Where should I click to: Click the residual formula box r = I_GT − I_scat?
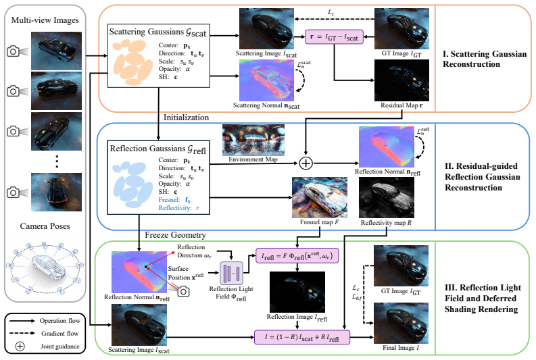click(334, 36)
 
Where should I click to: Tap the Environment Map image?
click(253, 140)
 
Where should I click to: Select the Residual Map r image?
click(401, 80)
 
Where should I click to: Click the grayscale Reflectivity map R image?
click(386, 197)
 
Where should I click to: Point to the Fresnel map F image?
click(319, 197)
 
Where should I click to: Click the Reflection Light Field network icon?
click(231, 274)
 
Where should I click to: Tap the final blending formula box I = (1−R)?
click(302, 337)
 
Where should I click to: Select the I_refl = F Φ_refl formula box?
click(297, 255)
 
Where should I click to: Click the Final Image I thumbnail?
click(401, 323)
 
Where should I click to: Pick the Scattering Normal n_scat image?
click(266, 80)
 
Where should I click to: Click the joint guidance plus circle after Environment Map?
click(306, 163)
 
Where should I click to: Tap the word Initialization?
click(186, 118)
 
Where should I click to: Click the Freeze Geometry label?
click(175, 235)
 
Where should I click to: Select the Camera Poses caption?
click(45, 226)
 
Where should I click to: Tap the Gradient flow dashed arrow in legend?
click(22, 334)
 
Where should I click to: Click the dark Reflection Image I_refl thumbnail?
click(297, 292)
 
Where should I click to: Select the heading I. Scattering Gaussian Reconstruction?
click(485, 59)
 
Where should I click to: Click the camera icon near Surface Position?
click(184, 291)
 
